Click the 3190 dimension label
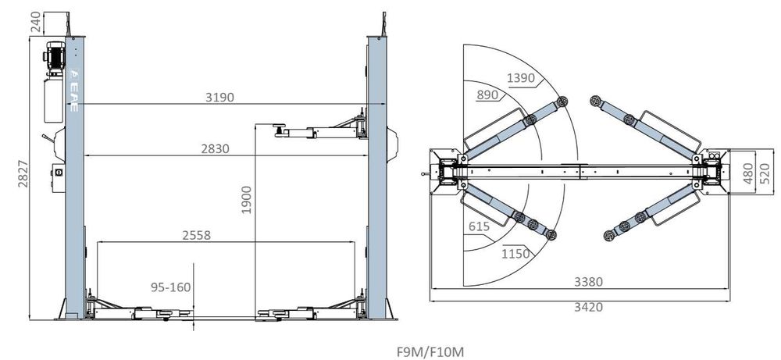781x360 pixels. point(219,97)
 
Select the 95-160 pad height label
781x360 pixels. point(170,287)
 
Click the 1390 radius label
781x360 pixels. point(522,78)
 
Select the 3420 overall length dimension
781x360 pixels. point(588,307)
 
